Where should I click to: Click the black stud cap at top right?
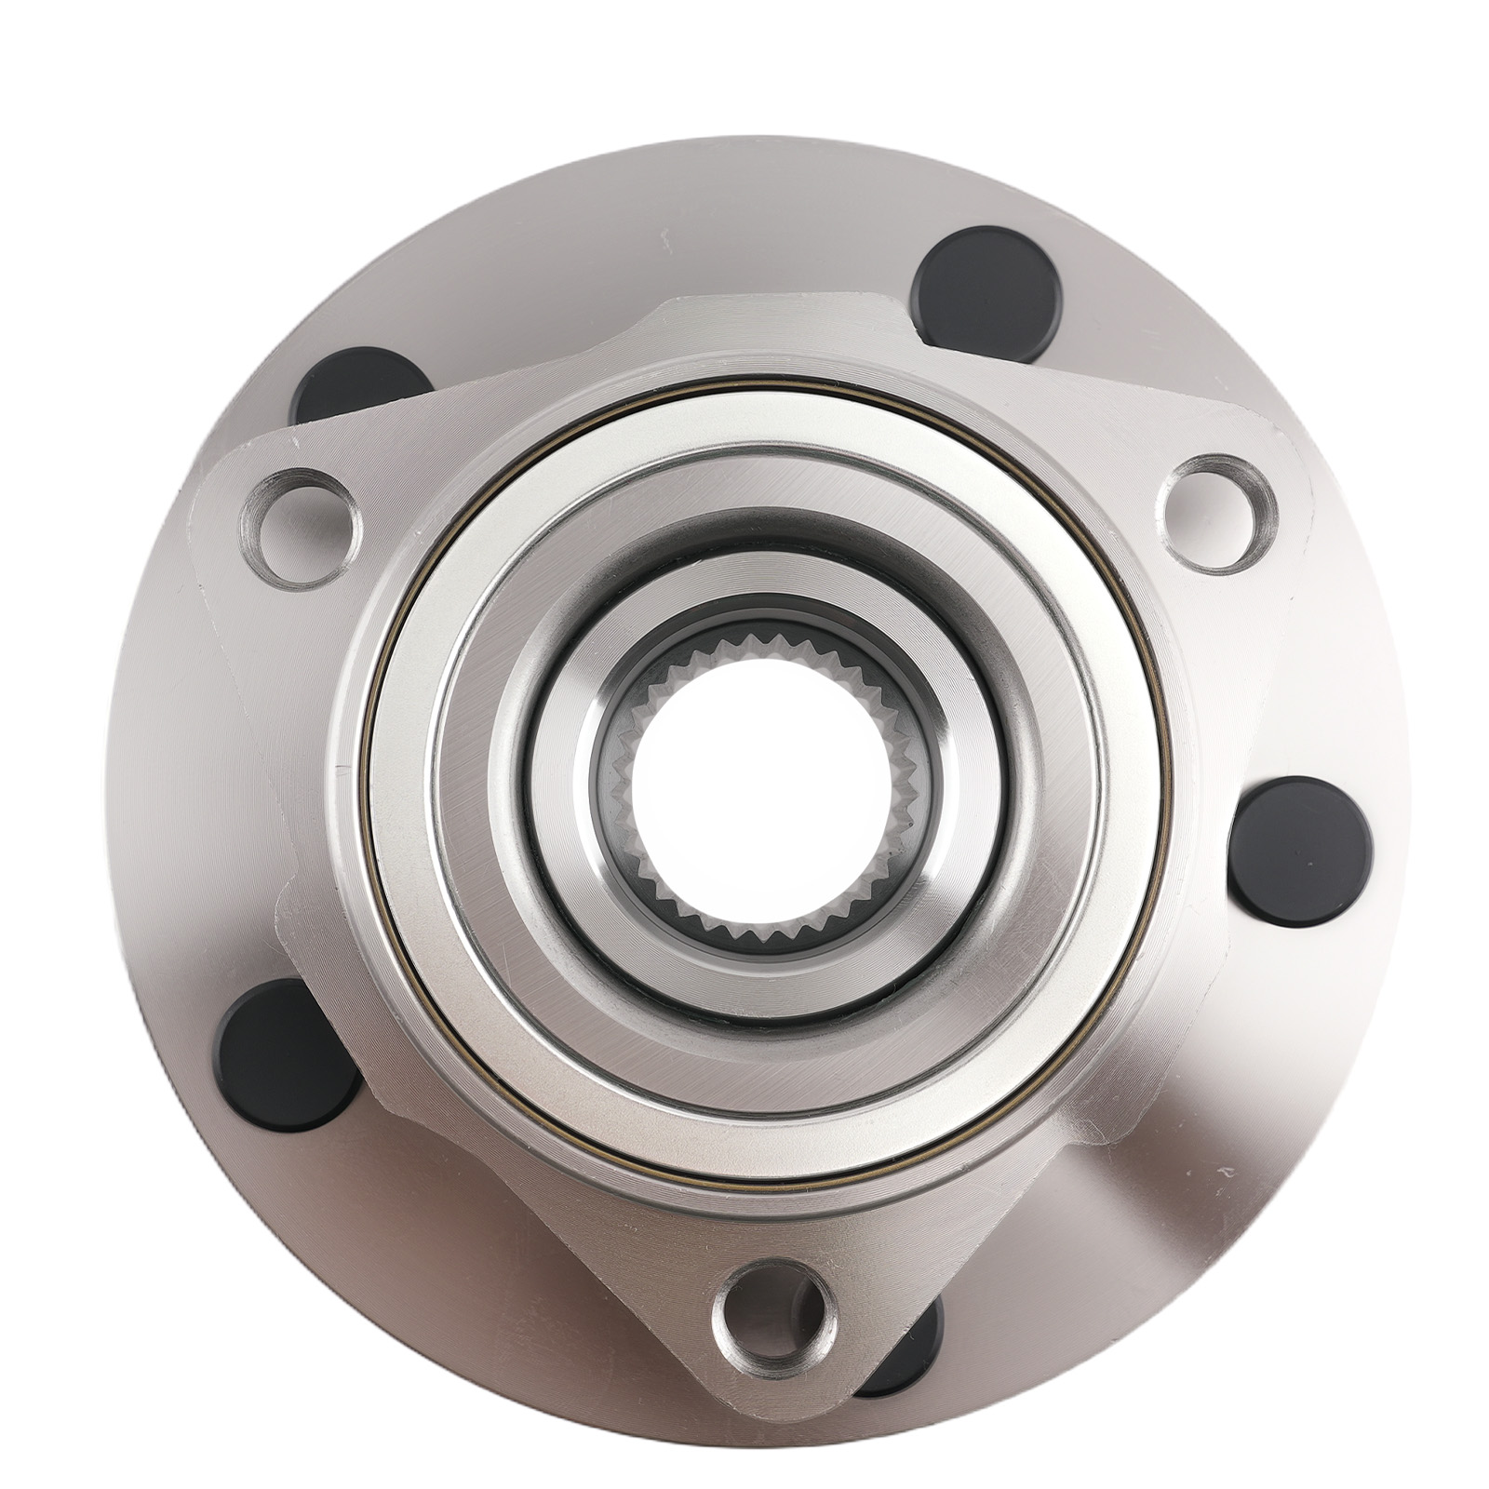pyautogui.click(x=986, y=294)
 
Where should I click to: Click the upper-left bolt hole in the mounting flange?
pyautogui.click(x=300, y=528)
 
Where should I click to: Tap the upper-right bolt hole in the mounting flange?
pyautogui.click(x=1219, y=513)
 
